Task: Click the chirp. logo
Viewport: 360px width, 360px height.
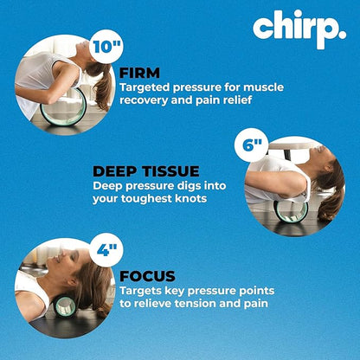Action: click(x=298, y=29)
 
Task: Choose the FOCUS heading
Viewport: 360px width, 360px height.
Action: click(x=149, y=276)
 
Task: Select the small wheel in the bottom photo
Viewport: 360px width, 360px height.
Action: click(x=66, y=306)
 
